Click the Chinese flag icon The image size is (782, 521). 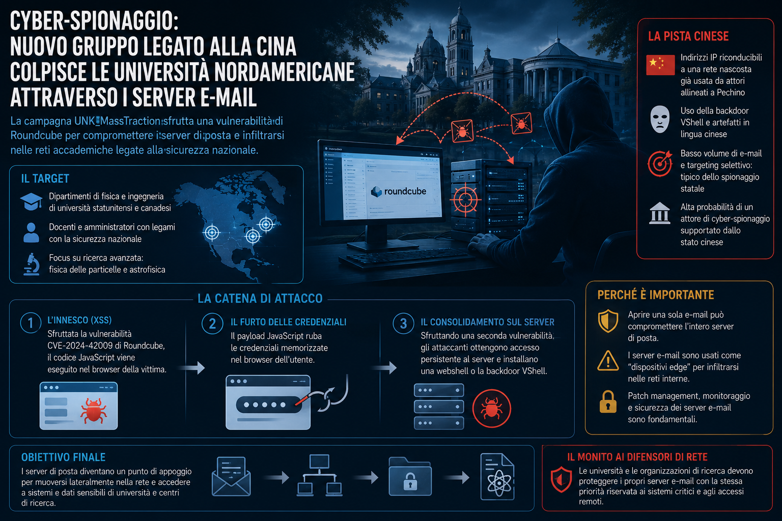pos(660,65)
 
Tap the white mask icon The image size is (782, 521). pos(660,119)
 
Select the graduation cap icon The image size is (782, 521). pos(31,201)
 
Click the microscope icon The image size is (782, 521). pos(31,264)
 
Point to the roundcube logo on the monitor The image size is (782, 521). pos(398,191)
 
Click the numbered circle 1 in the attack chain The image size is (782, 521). pos(31,323)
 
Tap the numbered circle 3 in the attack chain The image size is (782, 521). pos(403,324)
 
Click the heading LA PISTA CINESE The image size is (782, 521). pos(688,36)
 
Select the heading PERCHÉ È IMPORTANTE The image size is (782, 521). pos(656,295)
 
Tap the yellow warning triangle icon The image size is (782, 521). pos(608,361)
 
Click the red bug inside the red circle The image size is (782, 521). pos(491,408)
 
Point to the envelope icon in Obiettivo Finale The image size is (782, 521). pos(231,476)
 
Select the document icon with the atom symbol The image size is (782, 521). pos(497,476)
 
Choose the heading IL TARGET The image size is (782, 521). pos(45,179)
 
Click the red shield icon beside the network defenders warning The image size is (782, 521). pos(561,479)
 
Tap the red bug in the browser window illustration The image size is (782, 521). pos(93,411)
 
